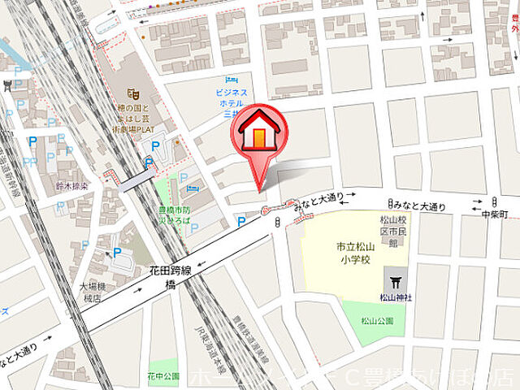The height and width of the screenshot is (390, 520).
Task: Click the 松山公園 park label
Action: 377,320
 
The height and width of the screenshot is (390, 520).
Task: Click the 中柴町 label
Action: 494,214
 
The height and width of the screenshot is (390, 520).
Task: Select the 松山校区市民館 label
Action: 392,229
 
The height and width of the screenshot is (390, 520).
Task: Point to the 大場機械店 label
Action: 98,292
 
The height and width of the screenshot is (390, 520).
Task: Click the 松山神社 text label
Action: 396,297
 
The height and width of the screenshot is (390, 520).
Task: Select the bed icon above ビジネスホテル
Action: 231,80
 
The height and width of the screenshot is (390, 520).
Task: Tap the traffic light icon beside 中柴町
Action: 494,201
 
